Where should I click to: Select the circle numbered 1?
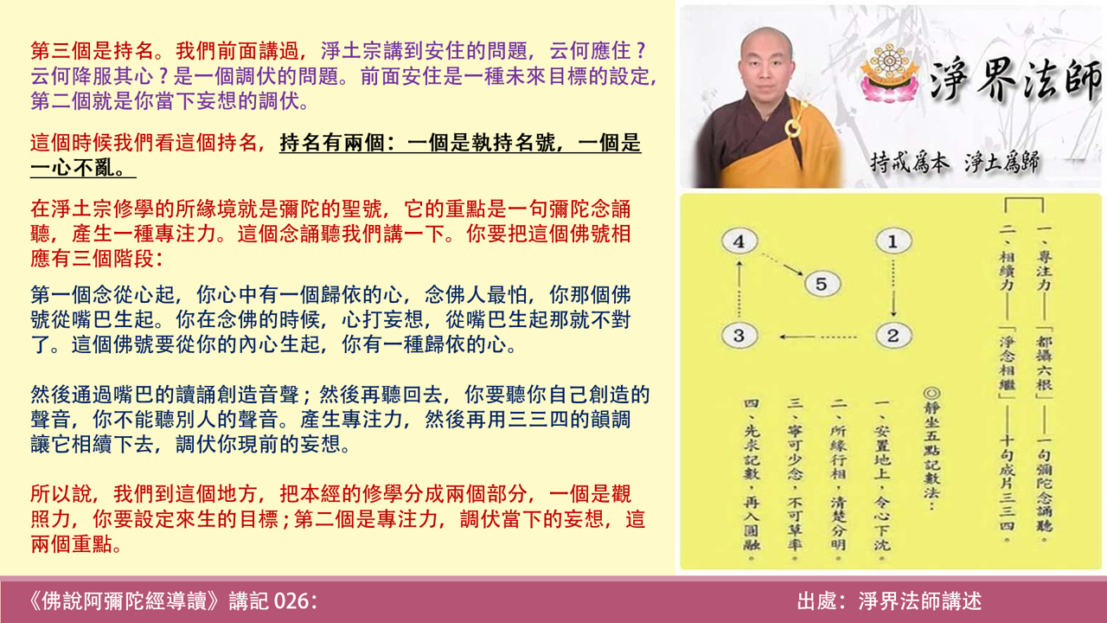click(x=893, y=241)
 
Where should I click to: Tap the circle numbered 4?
click(x=738, y=242)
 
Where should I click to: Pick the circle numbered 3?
click(x=738, y=336)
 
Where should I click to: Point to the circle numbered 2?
click(x=893, y=336)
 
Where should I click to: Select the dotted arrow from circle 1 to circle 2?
click(x=893, y=288)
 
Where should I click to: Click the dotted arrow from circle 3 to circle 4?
click(x=738, y=289)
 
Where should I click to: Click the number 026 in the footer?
click(x=291, y=601)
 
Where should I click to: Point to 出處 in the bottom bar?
click(x=818, y=601)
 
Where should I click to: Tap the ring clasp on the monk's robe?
click(x=790, y=129)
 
